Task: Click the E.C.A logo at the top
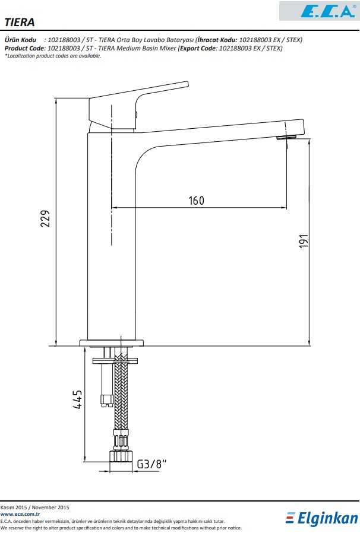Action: (x=327, y=11)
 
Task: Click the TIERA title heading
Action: (x=20, y=23)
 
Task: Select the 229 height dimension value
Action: (x=45, y=218)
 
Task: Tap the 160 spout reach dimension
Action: (x=196, y=201)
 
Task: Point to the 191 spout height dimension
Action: (x=304, y=241)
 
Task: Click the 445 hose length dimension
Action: (x=77, y=399)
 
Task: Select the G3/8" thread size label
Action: (x=151, y=464)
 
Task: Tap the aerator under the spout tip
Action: (x=286, y=137)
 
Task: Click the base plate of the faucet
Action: (x=112, y=342)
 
